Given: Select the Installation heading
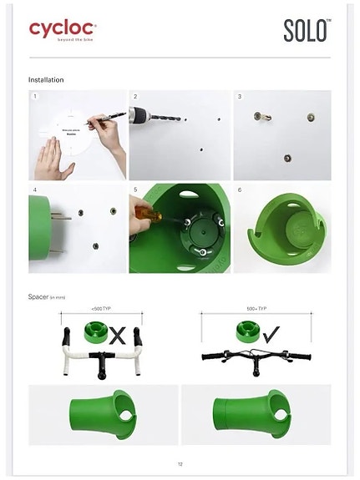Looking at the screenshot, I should [x=46, y=79].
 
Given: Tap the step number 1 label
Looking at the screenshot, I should [x=35, y=97].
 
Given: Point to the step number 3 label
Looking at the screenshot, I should [x=240, y=97].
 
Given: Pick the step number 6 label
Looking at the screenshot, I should [x=240, y=190].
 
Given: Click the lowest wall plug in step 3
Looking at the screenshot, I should [x=286, y=156].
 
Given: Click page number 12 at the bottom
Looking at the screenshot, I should [x=180, y=464].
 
